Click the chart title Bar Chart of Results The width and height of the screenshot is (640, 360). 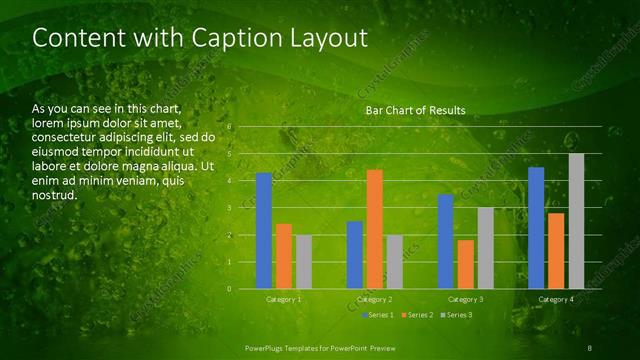(415, 109)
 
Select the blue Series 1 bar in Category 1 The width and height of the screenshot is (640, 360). (264, 230)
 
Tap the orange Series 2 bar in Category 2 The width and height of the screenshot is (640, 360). (374, 229)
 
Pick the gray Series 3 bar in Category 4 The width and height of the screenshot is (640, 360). (576, 221)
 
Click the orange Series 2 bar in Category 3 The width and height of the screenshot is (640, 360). (465, 264)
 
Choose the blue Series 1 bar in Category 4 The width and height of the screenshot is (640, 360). (536, 228)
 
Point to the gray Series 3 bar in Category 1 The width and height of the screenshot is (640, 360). (304, 262)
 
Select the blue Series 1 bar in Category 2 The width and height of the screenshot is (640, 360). (354, 255)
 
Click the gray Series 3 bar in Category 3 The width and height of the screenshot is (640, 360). (485, 248)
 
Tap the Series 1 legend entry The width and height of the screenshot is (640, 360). (377, 315)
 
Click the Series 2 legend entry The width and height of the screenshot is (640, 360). (416, 315)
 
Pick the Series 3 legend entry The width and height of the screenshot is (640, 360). (456, 315)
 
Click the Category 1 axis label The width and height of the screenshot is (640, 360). (284, 299)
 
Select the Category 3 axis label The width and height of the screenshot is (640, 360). (465, 299)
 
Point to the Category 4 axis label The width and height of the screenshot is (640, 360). (556, 299)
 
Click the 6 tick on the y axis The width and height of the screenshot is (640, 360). (230, 127)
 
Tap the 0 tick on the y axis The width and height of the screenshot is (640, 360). (230, 289)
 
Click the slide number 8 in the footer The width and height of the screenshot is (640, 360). (591, 347)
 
